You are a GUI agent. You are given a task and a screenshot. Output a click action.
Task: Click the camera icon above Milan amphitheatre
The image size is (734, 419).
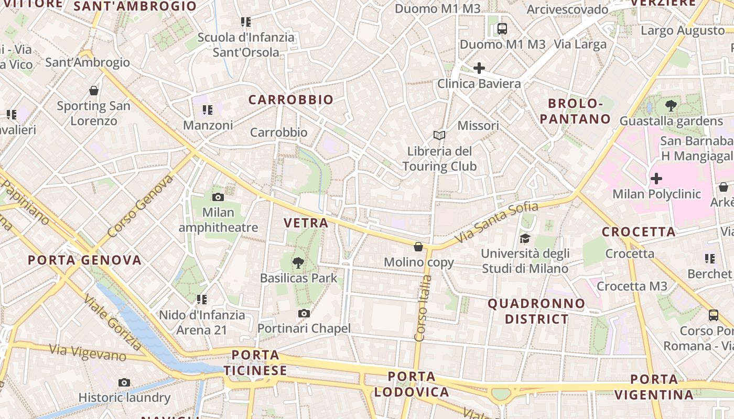(218, 197)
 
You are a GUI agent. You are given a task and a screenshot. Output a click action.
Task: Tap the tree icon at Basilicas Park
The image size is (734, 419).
(298, 262)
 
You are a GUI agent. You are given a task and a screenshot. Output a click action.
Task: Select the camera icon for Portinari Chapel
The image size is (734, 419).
(304, 313)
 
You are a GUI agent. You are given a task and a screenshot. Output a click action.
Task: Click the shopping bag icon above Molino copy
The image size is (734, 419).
(418, 246)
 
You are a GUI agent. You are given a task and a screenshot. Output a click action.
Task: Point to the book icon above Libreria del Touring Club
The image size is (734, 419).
(439, 135)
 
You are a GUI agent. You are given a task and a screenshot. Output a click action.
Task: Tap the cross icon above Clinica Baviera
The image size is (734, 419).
(479, 68)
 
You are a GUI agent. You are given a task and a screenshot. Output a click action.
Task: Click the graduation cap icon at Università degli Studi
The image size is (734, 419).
(525, 239)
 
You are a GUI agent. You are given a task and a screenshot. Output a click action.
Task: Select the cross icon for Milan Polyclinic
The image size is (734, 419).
(656, 179)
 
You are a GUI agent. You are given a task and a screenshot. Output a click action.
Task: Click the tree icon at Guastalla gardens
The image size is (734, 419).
(671, 106)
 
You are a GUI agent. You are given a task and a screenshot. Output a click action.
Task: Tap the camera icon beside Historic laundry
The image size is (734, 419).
(124, 382)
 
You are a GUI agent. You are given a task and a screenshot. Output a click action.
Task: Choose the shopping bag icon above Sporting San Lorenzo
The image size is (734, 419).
(94, 91)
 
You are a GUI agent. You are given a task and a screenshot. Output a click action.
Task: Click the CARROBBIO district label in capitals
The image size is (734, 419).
(291, 100)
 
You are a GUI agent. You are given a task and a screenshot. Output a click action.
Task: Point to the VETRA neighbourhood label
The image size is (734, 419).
(306, 223)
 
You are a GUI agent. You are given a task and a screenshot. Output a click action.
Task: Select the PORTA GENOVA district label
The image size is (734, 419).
(84, 260)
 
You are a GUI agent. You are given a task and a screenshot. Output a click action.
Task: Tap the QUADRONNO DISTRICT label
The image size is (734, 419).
(536, 311)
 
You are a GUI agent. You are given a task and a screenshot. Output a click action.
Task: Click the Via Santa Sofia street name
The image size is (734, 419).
(490, 222)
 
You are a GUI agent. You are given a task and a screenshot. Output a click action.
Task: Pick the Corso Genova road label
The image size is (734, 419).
(141, 206)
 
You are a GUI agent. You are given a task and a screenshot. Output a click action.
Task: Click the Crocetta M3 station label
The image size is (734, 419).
(632, 286)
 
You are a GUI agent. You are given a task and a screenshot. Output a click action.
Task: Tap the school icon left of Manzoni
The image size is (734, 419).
(208, 110)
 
